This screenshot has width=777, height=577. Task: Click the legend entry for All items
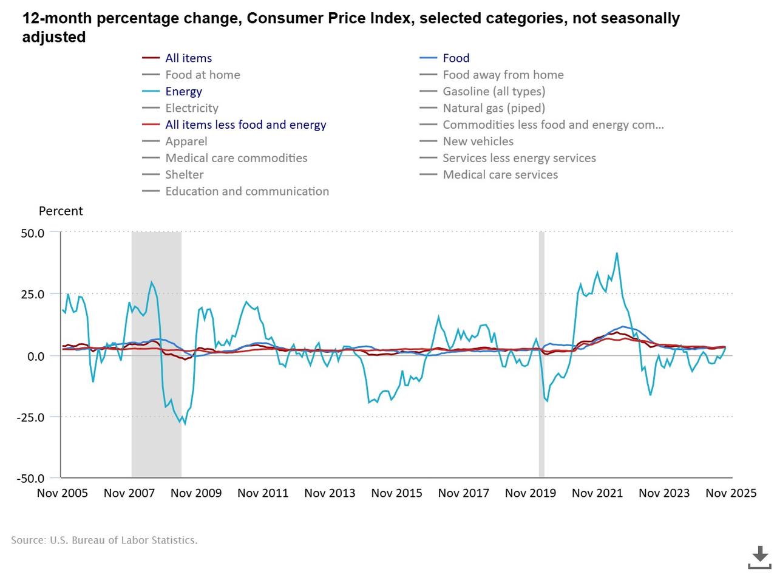pyautogui.click(x=188, y=58)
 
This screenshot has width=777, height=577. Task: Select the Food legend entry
pyautogui.click(x=456, y=58)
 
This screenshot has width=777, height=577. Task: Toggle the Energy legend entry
pyautogui.click(x=183, y=92)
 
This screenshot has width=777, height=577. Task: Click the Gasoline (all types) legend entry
pyautogui.click(x=494, y=92)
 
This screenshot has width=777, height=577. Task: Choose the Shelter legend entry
pyautogui.click(x=184, y=175)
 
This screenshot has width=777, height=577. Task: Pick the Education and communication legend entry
pyautogui.click(x=246, y=191)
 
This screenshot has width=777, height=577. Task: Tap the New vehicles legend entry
pyautogui.click(x=478, y=142)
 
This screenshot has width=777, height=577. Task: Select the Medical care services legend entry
pyautogui.click(x=500, y=175)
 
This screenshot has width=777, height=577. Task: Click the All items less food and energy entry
pyautogui.click(x=245, y=125)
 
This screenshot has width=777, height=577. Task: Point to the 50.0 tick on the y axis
pyautogui.click(x=33, y=233)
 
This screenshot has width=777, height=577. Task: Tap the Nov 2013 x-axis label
pyautogui.click(x=330, y=493)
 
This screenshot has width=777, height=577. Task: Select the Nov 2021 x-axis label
pyautogui.click(x=597, y=493)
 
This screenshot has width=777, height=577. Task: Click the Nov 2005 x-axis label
pyautogui.click(x=63, y=493)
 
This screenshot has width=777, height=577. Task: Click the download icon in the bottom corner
pyautogui.click(x=759, y=556)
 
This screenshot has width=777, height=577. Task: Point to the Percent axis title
pyautogui.click(x=61, y=211)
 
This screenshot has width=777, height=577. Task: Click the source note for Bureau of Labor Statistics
pyautogui.click(x=104, y=540)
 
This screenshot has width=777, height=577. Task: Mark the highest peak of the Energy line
pyautogui.click(x=617, y=253)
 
